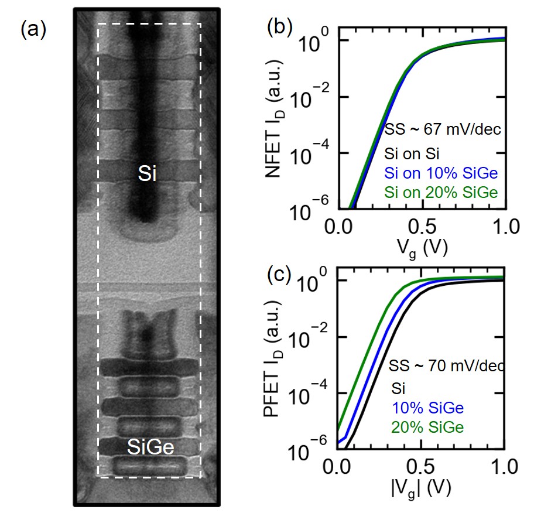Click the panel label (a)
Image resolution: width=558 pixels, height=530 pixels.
point(33,29)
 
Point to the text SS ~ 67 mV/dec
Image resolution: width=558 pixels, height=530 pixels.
point(443,129)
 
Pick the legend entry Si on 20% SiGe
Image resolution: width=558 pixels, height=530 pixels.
point(443,192)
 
